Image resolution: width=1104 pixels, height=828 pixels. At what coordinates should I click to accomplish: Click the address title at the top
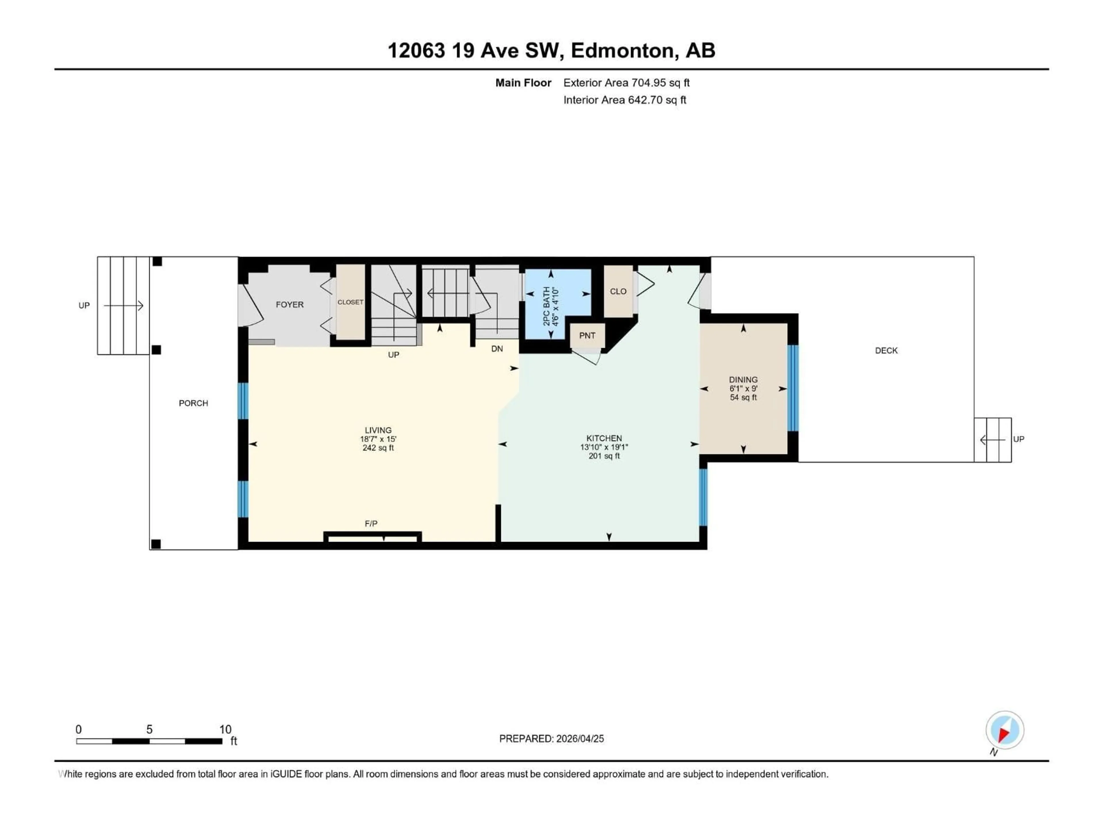551,50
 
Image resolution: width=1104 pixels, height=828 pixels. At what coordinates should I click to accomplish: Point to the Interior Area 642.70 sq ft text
624,100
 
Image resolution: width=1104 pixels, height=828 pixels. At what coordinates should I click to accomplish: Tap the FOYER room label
290,304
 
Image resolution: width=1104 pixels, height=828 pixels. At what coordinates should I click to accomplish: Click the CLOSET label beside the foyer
350,302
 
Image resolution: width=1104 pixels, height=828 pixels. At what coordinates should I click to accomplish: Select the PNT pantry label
587,336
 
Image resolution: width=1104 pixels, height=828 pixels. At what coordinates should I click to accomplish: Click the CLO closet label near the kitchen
618,292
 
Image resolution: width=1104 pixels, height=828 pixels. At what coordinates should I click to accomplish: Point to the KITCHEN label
604,438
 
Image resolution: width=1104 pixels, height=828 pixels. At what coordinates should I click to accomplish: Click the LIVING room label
378,430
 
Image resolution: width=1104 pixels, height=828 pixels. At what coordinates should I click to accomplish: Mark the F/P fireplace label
371,524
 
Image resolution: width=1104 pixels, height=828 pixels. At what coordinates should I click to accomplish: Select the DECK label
886,351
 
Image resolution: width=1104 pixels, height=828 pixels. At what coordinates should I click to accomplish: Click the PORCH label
193,403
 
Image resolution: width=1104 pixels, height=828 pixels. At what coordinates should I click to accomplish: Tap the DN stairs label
497,349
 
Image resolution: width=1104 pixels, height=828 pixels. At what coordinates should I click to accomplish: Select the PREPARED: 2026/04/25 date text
551,739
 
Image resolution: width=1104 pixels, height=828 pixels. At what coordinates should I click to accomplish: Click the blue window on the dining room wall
793,388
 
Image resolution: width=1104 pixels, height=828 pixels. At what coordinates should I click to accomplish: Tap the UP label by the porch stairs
84,305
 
